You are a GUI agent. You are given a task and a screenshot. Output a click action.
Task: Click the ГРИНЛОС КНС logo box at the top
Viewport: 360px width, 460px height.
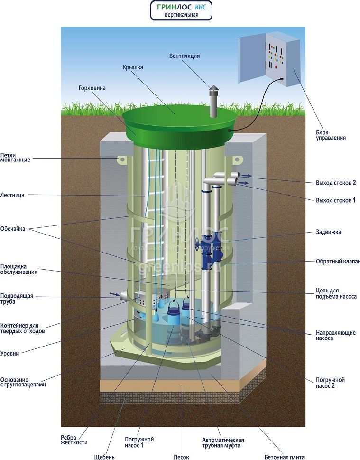(181, 10)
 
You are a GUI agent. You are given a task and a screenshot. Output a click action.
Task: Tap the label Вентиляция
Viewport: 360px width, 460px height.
(185, 56)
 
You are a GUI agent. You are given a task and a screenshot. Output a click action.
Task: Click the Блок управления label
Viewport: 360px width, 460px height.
(331, 135)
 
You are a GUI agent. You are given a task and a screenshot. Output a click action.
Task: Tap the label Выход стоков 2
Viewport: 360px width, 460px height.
(336, 183)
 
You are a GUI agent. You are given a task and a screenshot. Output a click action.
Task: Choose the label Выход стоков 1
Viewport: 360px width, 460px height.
(336, 200)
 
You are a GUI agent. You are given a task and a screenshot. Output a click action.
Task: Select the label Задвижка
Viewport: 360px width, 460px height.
(328, 232)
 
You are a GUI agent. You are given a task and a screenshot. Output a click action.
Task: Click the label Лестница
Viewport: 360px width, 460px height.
(12, 195)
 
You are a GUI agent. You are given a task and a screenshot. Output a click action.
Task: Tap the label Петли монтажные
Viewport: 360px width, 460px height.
(15, 157)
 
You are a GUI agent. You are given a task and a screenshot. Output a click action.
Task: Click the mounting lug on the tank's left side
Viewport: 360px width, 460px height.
(120, 160)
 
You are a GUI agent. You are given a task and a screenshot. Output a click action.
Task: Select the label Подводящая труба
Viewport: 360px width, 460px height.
(17, 299)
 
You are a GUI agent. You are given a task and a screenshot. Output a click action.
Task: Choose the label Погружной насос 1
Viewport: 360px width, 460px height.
(140, 442)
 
